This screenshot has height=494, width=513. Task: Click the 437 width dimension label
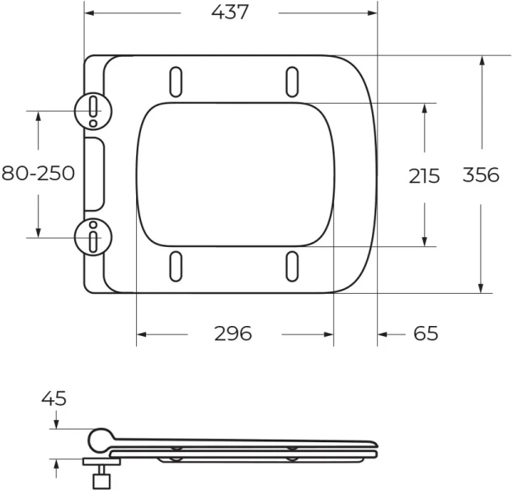coord(229,13)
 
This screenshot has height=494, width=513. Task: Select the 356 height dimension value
coord(481,175)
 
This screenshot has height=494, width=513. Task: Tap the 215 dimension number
coord(424,175)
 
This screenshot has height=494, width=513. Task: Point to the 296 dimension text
coord(233,333)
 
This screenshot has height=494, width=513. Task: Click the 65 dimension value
coord(425,333)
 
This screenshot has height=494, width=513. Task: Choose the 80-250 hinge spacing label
coord(38,173)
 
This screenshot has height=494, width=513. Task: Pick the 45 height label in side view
coord(54,399)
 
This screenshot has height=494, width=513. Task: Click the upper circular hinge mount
coord(92,110)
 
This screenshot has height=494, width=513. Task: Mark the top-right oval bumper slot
coord(292,80)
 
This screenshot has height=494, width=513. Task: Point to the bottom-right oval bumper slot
coord(292,267)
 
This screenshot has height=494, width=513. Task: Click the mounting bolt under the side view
coord(101,475)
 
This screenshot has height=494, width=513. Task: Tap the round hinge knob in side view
coord(101,440)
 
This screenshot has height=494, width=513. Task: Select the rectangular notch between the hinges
coord(95,173)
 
